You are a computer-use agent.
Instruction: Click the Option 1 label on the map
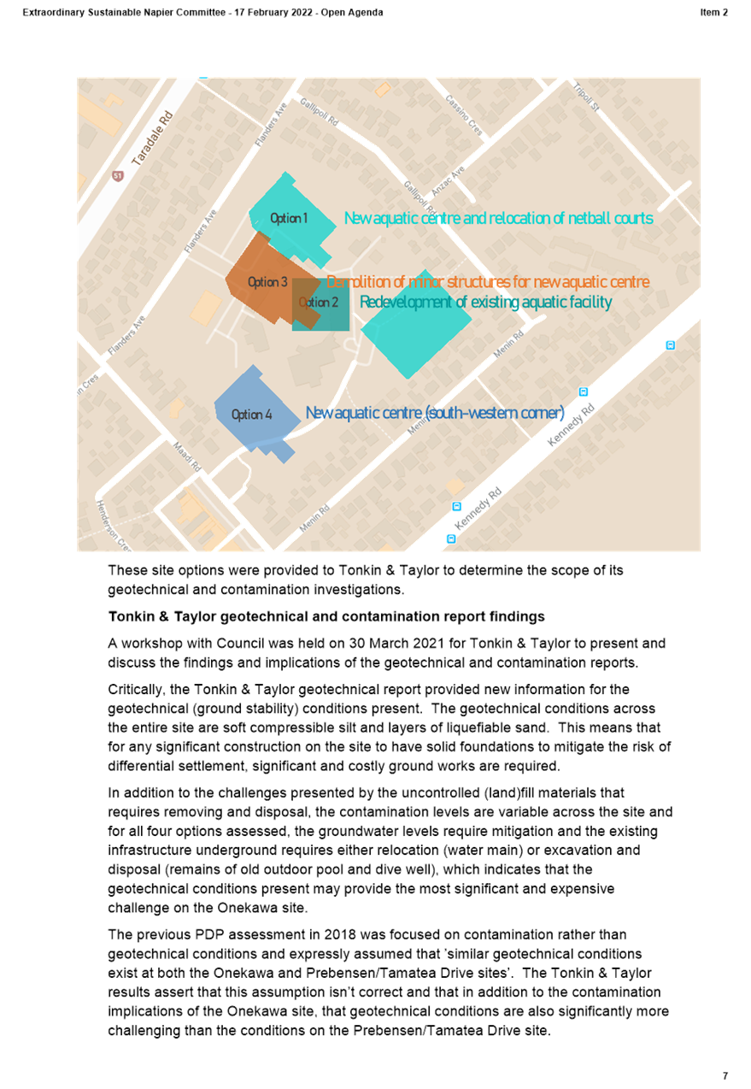[x=289, y=218]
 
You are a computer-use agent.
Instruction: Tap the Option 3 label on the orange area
[x=267, y=282]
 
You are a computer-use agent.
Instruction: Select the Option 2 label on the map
[x=319, y=303]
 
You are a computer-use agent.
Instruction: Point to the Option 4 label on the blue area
[x=251, y=415]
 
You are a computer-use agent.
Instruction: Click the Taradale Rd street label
[x=152, y=138]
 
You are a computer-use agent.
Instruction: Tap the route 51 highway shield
[x=118, y=175]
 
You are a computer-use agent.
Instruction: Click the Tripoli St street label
[x=586, y=97]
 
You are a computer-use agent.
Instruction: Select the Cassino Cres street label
[x=464, y=115]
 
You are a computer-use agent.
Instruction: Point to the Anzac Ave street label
[x=449, y=181]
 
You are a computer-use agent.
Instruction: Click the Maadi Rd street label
[x=187, y=456]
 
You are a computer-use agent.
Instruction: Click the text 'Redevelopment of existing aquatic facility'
[x=485, y=303]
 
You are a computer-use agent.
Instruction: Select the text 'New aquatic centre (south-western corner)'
[x=435, y=413]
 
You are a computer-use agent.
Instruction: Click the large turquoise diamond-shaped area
[x=416, y=324]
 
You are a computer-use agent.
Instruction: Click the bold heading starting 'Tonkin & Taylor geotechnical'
[x=326, y=616]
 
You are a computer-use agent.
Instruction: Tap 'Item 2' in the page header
[x=713, y=13]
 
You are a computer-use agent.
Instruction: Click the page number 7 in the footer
[x=725, y=1075]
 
